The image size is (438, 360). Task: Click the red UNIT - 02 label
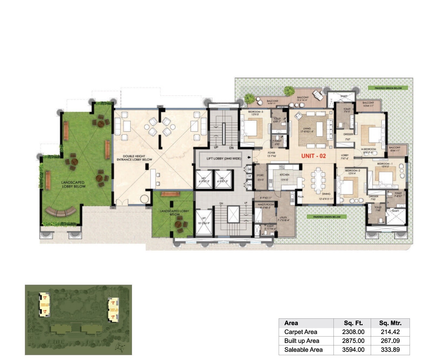313,156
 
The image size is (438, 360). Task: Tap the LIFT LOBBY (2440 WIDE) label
224,159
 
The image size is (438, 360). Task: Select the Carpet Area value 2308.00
353,332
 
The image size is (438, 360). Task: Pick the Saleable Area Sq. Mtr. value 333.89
390,350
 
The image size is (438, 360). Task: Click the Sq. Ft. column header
353,323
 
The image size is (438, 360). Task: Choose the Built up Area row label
301,341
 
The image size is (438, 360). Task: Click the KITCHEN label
284,175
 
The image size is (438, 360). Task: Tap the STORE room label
260,175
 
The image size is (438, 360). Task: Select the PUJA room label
300,197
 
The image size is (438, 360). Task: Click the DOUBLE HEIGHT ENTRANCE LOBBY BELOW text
134,158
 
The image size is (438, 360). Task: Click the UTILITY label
283,217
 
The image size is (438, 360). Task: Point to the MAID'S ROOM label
265,204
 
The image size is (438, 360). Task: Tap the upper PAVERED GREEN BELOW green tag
388,88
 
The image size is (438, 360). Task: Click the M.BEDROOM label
368,149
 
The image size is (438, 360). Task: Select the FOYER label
271,153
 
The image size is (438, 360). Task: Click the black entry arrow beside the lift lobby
249,157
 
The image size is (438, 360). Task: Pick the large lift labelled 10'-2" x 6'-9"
204,221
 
